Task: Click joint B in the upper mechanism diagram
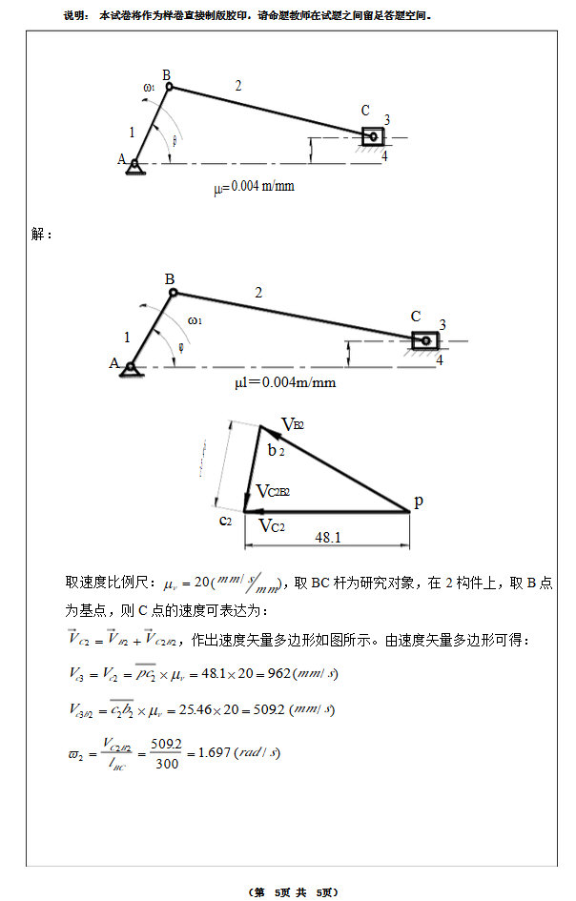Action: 170,87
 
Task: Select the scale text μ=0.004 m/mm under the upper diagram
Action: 254,186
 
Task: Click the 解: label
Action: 42,235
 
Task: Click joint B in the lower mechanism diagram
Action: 173,292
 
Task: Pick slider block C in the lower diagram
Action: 424,339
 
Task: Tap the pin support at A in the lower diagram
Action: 128,368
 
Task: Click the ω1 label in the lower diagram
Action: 195,320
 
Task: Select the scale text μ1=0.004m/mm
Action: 285,383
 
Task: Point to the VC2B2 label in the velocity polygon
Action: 273,492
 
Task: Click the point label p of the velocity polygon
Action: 417,502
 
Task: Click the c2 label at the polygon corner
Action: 226,520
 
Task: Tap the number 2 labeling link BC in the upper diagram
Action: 237,86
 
